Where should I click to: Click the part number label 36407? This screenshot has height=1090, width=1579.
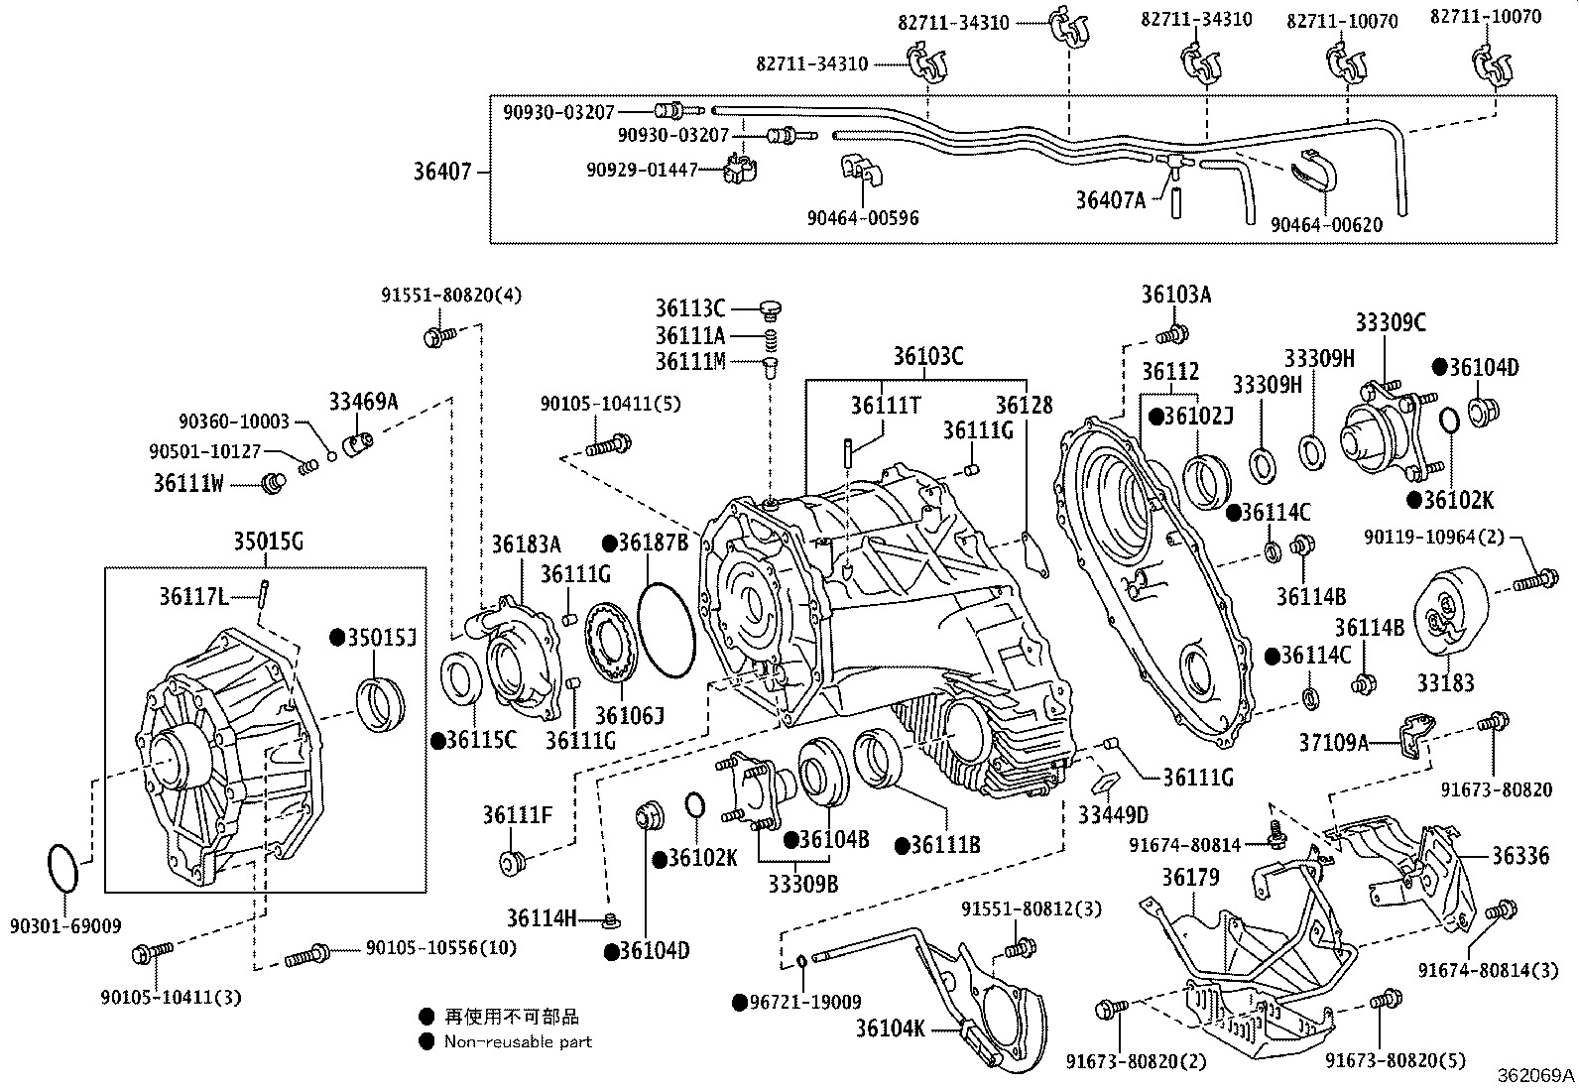(442, 172)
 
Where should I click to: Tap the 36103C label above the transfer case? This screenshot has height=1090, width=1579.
(927, 356)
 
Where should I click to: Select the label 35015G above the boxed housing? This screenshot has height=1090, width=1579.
(269, 542)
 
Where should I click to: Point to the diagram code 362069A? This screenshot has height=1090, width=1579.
(1535, 1075)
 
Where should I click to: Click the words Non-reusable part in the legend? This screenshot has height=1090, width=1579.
(518, 1042)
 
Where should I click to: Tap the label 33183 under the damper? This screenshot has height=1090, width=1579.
(1446, 682)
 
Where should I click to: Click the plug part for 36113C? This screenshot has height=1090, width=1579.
(771, 308)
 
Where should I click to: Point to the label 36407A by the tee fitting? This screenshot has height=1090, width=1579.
(1110, 201)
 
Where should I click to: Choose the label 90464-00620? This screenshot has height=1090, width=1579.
(1327, 225)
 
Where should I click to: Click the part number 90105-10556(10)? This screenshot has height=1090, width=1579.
(441, 948)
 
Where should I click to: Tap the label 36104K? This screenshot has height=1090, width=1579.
(891, 1029)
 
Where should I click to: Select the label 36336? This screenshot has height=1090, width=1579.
(1520, 856)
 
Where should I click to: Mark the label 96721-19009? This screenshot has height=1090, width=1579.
(805, 1002)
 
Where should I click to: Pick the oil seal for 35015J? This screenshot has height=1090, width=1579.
(381, 705)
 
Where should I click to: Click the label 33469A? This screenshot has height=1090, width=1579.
(363, 402)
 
